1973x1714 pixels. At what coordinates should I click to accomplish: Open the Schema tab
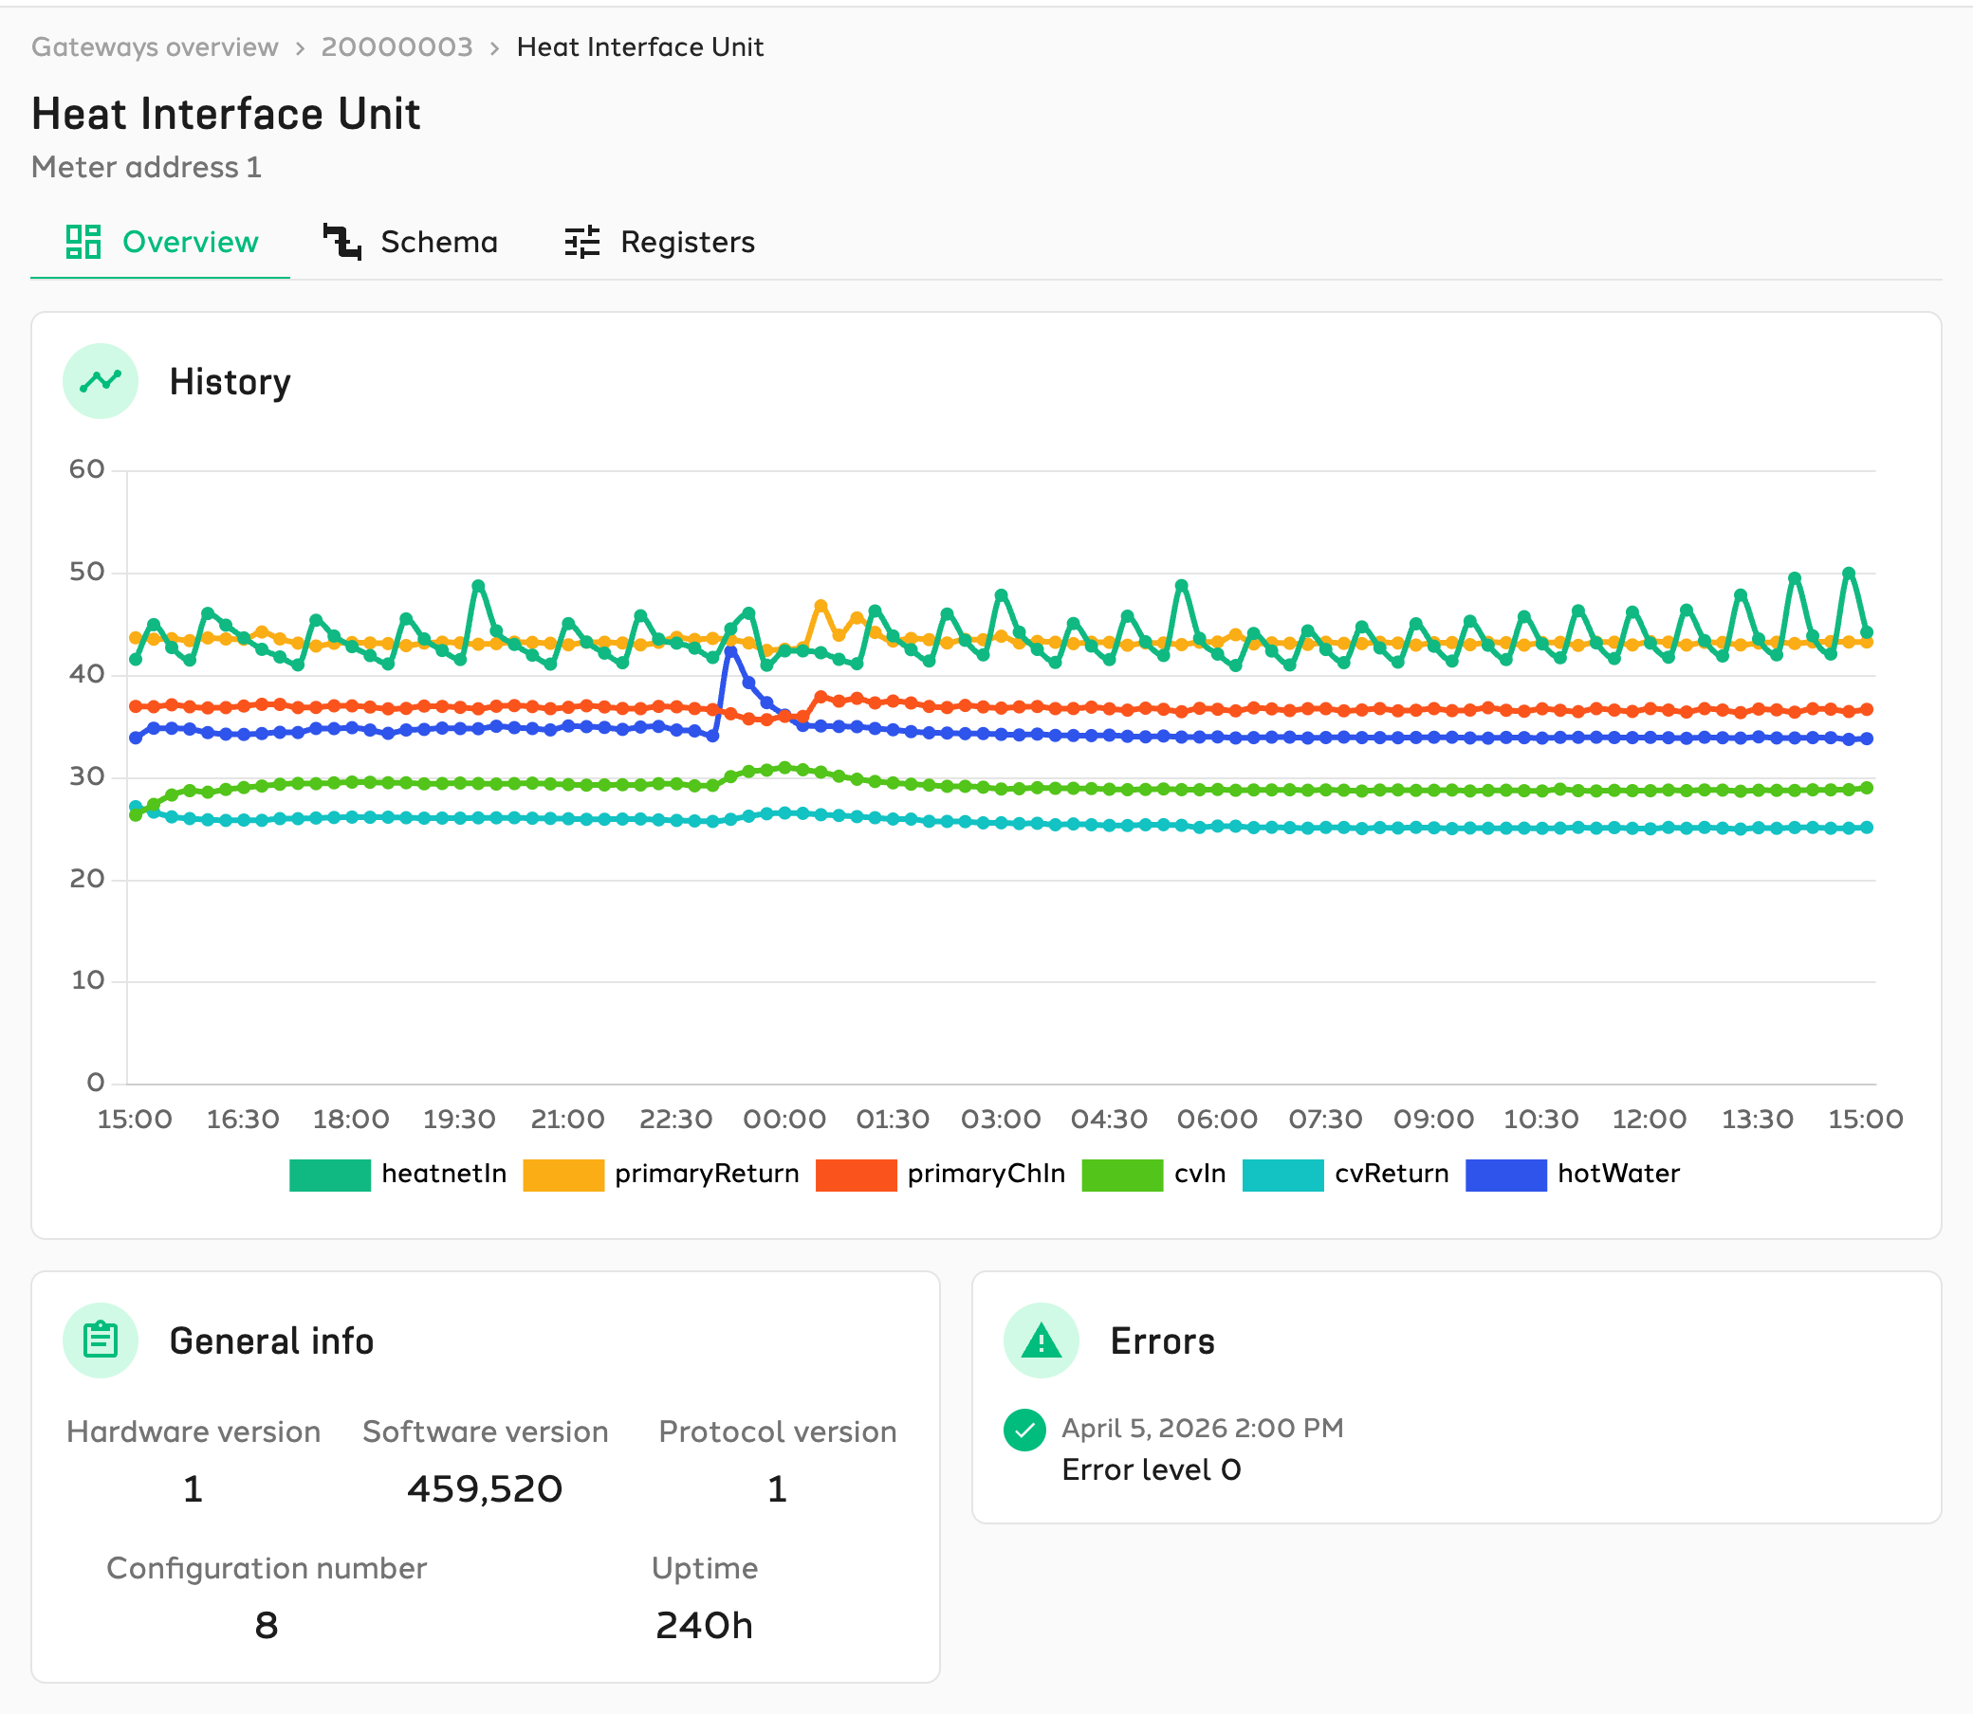411,242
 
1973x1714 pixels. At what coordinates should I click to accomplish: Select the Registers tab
659,242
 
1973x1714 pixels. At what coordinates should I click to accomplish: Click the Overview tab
161,242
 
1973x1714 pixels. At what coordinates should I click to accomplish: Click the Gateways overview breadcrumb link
155,46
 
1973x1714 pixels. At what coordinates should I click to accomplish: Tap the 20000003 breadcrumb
397,46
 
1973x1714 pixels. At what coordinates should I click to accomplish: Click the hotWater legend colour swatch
1506,1175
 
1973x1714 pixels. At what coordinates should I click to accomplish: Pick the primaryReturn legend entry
661,1175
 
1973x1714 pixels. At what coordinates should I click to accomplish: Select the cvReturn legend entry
1345,1175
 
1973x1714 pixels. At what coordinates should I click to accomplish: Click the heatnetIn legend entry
398,1175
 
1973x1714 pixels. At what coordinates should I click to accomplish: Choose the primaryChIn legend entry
941,1175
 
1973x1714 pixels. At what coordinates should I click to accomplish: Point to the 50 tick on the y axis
86,572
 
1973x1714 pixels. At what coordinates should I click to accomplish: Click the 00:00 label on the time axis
784,1119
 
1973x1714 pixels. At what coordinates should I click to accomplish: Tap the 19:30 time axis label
459,1119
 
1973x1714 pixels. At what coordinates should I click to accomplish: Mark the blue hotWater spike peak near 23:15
731,650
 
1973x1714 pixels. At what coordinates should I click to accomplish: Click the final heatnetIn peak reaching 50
1849,574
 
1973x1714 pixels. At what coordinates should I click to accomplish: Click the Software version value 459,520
485,1489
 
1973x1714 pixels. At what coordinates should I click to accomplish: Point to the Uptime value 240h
704,1625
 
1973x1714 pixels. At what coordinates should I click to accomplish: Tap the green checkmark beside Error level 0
1024,1430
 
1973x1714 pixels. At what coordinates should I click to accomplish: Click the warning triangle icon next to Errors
1041,1341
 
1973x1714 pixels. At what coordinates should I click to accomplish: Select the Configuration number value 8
266,1625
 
